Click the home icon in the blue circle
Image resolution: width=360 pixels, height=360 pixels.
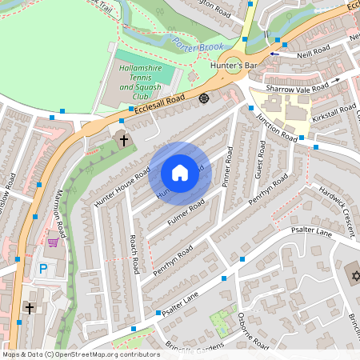click(180, 172)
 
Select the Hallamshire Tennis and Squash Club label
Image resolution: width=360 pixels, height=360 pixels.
click(142, 82)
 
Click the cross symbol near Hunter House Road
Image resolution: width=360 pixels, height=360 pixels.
click(124, 141)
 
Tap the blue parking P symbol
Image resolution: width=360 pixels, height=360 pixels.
click(43, 270)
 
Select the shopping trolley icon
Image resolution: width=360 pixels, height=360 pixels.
click(53, 242)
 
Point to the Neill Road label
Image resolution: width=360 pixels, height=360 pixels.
click(310, 50)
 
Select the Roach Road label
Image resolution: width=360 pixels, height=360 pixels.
click(134, 253)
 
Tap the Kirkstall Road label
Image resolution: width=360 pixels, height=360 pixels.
click(334, 114)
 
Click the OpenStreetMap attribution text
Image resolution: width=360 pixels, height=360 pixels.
click(80, 354)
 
